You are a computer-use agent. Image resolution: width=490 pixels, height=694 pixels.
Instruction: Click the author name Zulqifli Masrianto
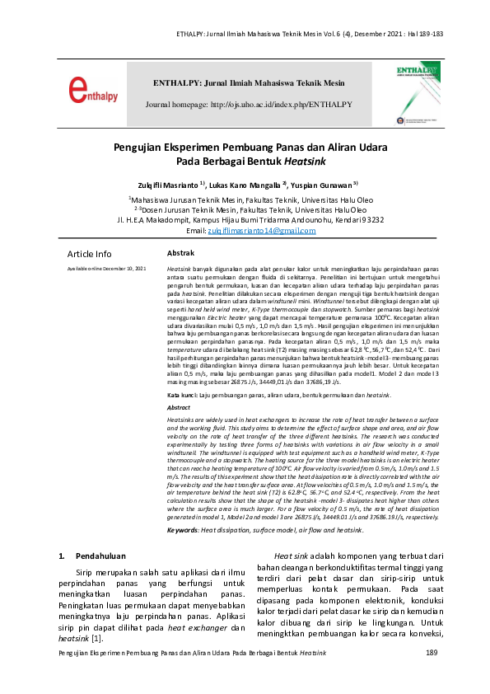170,185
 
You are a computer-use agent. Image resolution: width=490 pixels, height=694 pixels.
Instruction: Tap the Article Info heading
89,254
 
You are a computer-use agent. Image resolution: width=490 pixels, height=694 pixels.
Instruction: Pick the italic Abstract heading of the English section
179,408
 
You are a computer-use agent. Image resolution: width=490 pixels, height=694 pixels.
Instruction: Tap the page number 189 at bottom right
431,675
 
